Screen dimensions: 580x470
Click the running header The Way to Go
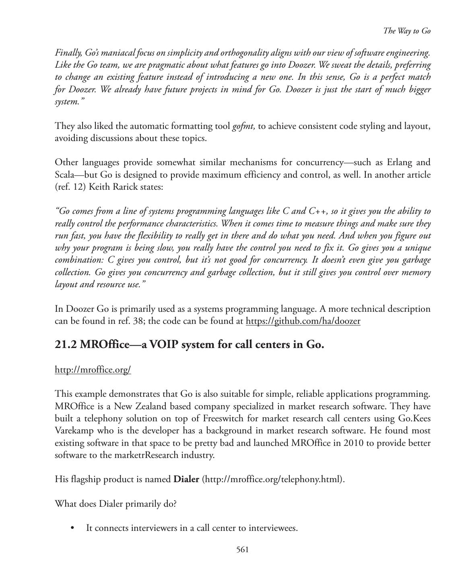[x=406, y=31]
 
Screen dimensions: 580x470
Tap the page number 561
[x=242, y=549]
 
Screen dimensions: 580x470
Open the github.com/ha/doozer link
[x=303, y=321]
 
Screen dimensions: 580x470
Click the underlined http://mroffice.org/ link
[x=93, y=369]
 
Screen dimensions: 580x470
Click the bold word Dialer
[x=186, y=479]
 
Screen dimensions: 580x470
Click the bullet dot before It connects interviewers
[x=72, y=528]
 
